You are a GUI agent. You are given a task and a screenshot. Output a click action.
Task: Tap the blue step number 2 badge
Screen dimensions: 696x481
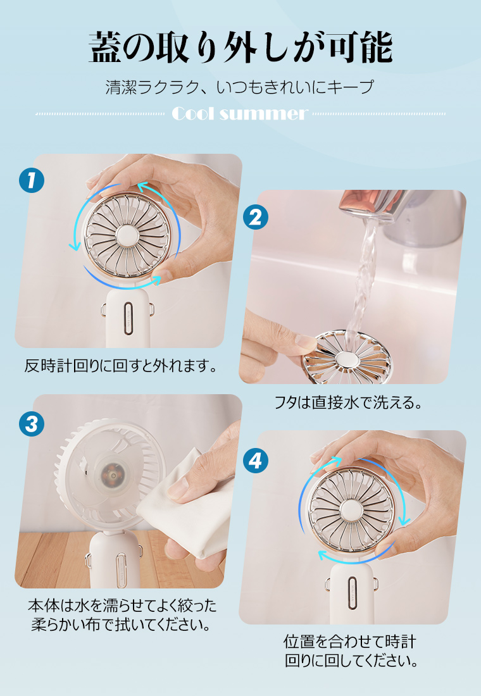[x=256, y=217]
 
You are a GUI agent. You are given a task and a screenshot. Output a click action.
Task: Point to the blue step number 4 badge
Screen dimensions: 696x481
[x=256, y=460]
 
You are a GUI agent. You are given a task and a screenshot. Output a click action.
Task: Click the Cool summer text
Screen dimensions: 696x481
[x=240, y=114]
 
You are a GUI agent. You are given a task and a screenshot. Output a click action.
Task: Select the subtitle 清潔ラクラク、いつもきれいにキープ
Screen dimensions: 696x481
[x=240, y=87]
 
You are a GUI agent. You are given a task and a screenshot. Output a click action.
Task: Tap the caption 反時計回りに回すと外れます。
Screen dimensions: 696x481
[x=120, y=366]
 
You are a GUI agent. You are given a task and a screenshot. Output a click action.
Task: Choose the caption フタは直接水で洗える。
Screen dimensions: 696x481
[x=347, y=402]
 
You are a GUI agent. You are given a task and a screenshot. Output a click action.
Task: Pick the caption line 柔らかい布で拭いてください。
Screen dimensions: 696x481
[x=120, y=625]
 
